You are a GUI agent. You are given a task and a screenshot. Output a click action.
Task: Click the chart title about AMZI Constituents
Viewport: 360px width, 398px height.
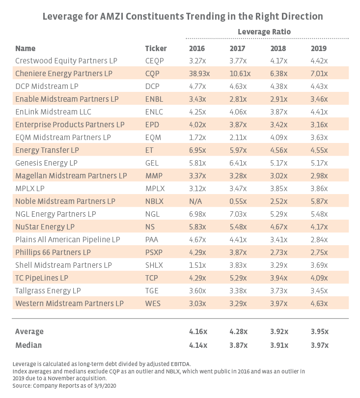pos(183,16)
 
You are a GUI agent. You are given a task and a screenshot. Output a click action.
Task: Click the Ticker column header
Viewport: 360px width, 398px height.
pos(156,48)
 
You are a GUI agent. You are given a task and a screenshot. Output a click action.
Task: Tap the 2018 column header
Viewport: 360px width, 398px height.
pos(278,48)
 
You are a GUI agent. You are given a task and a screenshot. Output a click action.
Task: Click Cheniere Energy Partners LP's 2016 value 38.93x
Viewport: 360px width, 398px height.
pos(199,73)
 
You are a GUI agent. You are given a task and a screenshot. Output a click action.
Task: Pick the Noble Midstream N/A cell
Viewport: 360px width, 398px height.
pos(196,201)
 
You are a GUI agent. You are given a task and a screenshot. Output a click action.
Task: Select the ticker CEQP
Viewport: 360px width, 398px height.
pos(155,60)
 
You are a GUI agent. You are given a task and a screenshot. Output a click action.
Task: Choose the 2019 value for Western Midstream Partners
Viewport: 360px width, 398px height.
pos(319,303)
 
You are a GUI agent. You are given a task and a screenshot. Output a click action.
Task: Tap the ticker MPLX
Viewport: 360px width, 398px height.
pos(155,188)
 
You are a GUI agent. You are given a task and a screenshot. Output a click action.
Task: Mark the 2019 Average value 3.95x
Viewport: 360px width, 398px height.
pos(319,331)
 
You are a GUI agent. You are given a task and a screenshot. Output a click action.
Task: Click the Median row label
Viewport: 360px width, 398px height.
pos(28,345)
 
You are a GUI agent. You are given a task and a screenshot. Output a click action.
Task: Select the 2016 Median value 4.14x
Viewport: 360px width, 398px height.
pos(198,345)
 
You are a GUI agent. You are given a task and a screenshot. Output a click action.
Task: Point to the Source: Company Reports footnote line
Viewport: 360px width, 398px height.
pos(63,385)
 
